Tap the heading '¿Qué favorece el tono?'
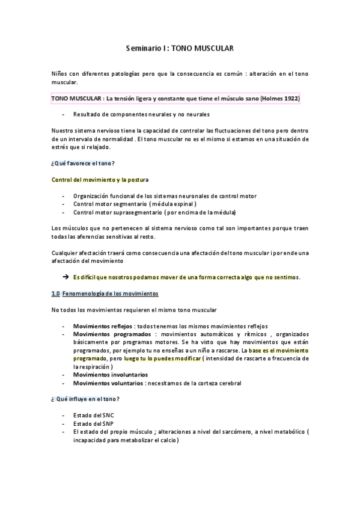click(x=83, y=164)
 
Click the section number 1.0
click(x=56, y=293)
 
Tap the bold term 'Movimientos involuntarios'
click(x=110, y=375)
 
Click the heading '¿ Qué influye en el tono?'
click(x=85, y=399)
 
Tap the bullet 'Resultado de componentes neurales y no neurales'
click(x=142, y=114)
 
